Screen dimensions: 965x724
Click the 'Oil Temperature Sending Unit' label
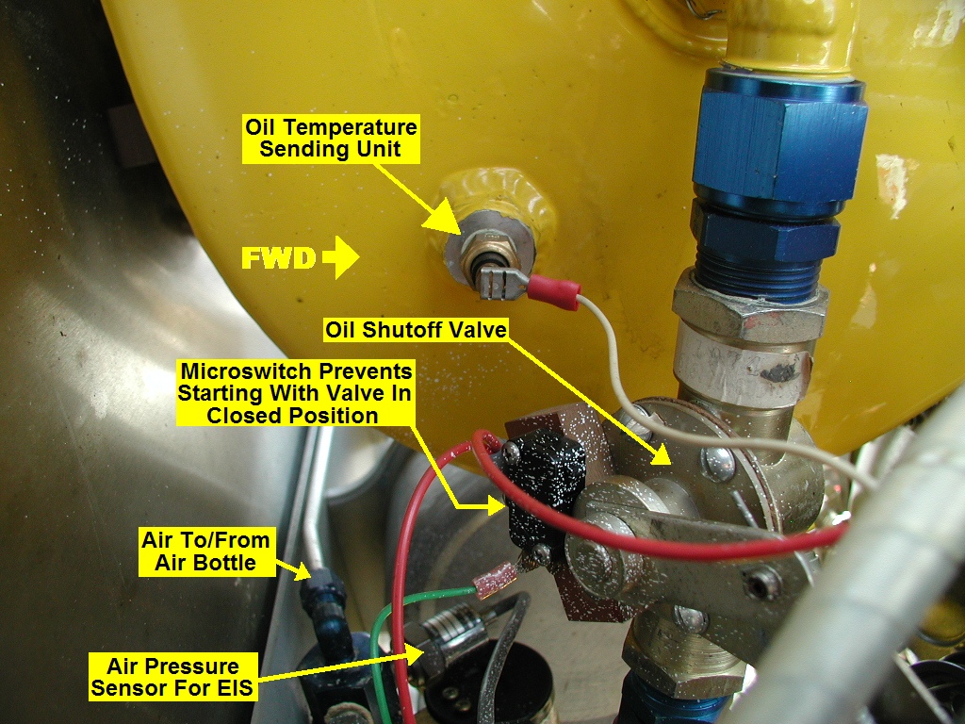[331, 139]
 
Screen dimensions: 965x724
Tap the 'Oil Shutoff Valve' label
[416, 330]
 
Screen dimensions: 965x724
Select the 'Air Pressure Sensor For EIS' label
[172, 677]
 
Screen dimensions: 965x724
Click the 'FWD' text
[278, 258]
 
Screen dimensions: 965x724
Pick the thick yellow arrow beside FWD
[340, 257]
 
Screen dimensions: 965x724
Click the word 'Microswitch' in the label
[244, 371]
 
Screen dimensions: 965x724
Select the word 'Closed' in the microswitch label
[240, 416]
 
